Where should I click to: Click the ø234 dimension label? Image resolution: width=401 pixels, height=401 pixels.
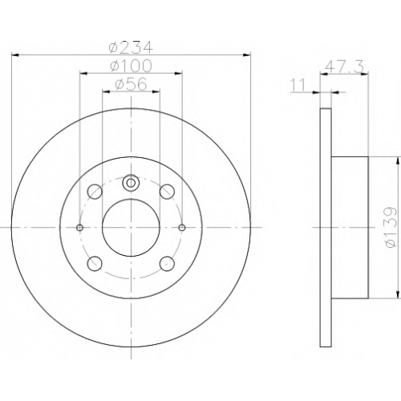(131, 47)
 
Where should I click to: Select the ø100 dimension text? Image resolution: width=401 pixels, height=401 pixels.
(131, 66)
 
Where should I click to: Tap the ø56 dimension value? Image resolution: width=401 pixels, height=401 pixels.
(131, 84)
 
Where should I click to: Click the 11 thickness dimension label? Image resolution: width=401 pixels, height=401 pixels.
(298, 86)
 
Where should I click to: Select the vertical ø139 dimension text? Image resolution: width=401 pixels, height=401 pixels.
(391, 228)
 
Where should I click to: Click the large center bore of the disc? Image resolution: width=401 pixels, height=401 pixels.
(131, 228)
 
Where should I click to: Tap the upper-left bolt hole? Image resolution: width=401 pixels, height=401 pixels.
(95, 192)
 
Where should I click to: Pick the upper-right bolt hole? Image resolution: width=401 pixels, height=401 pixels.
(167, 192)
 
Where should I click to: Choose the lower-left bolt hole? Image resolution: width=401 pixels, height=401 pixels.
(95, 264)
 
